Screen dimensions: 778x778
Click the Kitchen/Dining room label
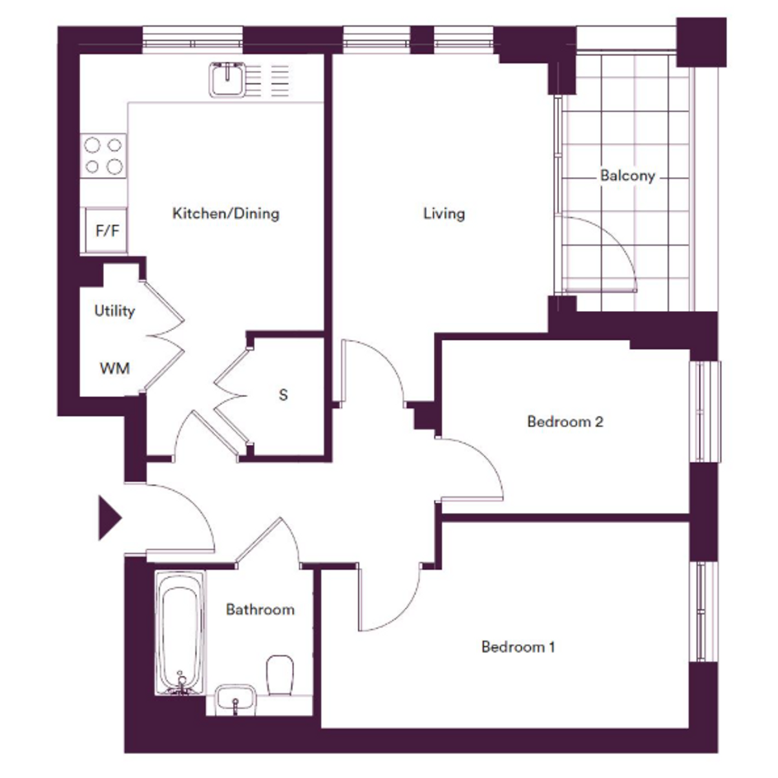pyautogui.click(x=226, y=214)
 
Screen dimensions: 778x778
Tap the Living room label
pyautogui.click(x=444, y=214)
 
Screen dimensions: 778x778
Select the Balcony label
pyautogui.click(x=627, y=175)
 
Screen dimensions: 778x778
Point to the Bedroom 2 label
pyautogui.click(x=565, y=422)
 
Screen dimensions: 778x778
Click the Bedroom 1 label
pyautogui.click(x=518, y=647)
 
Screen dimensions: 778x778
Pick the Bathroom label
pyautogui.click(x=260, y=609)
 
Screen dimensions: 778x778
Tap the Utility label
pyautogui.click(x=114, y=311)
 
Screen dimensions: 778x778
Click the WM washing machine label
pyautogui.click(x=114, y=369)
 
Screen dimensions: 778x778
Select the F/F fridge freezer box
pyautogui.click(x=106, y=231)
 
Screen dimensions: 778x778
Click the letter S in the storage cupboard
pyautogui.click(x=283, y=395)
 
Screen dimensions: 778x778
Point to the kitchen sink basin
pyautogui.click(x=228, y=79)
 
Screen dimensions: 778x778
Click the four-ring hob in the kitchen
pyautogui.click(x=103, y=156)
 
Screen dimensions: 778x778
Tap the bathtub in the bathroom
pyautogui.click(x=180, y=633)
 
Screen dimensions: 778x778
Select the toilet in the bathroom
pyautogui.click(x=281, y=676)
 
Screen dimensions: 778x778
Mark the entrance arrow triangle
pyautogui.click(x=109, y=518)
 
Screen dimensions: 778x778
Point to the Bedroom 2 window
pyautogui.click(x=705, y=412)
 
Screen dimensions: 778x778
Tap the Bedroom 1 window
pyautogui.click(x=705, y=611)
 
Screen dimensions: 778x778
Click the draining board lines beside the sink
pyautogui.click(x=268, y=81)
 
